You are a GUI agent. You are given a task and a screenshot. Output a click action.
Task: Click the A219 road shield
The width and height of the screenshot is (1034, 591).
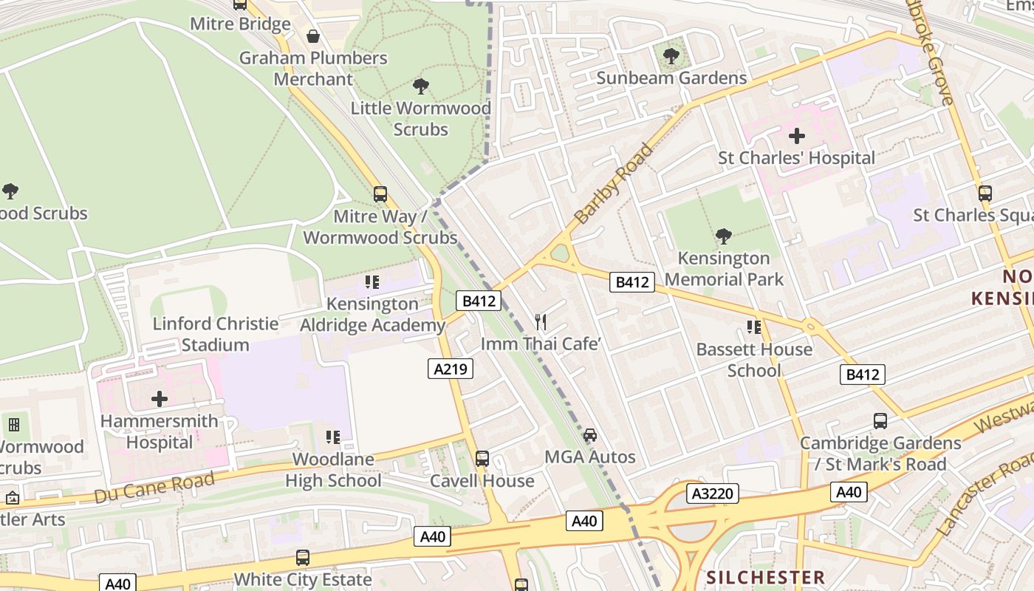click(x=451, y=369)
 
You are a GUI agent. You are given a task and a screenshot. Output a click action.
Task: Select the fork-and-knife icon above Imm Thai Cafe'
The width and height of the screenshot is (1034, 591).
click(x=541, y=321)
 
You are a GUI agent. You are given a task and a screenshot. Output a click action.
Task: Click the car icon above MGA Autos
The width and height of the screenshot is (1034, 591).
click(x=589, y=434)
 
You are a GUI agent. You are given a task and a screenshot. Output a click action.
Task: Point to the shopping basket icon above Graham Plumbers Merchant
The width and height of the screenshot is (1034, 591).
click(x=313, y=36)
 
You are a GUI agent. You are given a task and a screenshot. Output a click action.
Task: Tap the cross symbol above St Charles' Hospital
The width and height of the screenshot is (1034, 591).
click(x=796, y=136)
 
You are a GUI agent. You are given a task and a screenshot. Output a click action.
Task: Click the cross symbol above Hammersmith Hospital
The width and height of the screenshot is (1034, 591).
click(x=160, y=400)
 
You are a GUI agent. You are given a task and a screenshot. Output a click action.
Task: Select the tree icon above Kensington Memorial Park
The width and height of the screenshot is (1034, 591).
click(x=724, y=236)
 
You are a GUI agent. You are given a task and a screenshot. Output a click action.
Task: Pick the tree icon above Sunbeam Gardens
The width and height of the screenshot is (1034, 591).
click(x=671, y=56)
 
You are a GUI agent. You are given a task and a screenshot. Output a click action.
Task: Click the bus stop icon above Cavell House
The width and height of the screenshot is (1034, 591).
click(x=482, y=459)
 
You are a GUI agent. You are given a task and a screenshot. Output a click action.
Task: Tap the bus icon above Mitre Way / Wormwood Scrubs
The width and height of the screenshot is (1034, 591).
click(x=380, y=194)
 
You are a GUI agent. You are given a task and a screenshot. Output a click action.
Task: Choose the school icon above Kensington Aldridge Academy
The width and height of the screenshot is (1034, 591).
click(x=372, y=282)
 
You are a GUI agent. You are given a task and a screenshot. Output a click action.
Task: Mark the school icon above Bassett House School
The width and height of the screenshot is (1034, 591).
click(x=753, y=327)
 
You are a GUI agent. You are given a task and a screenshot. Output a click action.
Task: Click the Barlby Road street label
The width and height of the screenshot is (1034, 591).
click(x=614, y=184)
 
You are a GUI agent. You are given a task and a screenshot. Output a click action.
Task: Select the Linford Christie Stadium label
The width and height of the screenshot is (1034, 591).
click(x=216, y=334)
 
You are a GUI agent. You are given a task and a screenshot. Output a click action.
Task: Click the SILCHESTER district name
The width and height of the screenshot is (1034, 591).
click(x=765, y=577)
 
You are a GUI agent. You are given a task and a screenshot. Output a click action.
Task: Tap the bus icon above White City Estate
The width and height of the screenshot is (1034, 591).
click(x=303, y=558)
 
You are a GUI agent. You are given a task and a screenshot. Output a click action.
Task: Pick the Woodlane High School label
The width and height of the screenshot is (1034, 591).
click(x=333, y=470)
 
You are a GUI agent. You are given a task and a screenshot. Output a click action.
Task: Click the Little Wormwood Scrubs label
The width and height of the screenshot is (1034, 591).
click(x=420, y=118)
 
